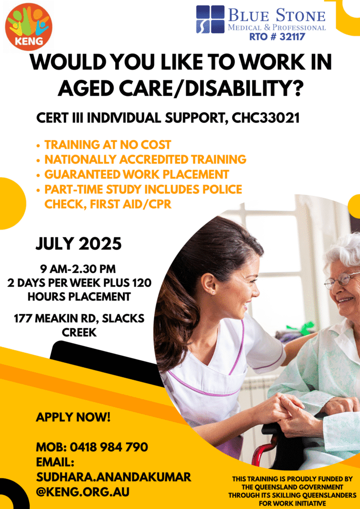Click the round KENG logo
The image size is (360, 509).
click(x=28, y=27)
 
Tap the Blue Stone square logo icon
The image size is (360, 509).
click(x=210, y=19)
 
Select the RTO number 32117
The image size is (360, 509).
click(x=277, y=37)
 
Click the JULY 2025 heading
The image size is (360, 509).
click(x=79, y=244)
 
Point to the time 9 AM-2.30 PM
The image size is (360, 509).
click(x=78, y=269)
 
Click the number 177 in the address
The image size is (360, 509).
click(x=23, y=319)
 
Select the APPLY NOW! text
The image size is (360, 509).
click(x=73, y=417)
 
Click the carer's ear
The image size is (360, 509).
click(x=214, y=282)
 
